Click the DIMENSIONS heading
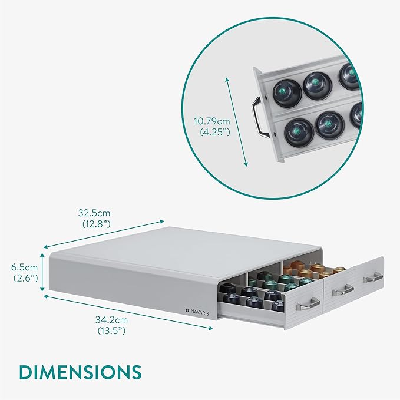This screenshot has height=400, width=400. [x=80, y=372]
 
